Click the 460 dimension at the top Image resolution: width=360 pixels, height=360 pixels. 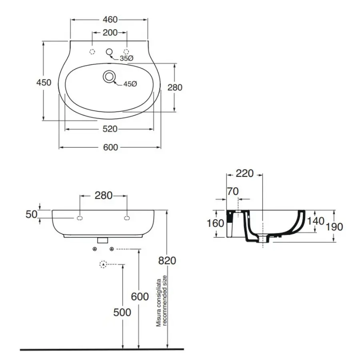point(110,19)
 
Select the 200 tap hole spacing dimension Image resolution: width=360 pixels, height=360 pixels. point(110,32)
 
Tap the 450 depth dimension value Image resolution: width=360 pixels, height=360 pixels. point(44,82)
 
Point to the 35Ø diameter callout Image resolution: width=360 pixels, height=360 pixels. point(127,59)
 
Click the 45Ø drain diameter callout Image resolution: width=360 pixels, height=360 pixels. point(130,84)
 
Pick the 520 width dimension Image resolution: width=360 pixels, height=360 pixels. point(110,129)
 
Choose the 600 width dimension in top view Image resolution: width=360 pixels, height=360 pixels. point(110,147)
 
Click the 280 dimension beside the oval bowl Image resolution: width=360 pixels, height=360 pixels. point(174,87)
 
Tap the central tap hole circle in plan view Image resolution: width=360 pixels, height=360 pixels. point(109,52)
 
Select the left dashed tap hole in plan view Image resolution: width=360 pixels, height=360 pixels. point(92,52)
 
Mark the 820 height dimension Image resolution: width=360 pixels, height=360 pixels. point(168,261)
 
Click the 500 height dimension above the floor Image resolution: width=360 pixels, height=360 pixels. point(122,312)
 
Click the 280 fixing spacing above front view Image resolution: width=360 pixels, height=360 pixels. point(104,196)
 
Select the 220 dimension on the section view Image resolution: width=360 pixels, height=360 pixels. point(244,174)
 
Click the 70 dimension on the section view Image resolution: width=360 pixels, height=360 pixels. point(233,191)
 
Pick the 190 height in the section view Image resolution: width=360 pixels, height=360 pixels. point(334,226)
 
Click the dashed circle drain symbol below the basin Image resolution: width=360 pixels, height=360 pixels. point(104,264)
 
